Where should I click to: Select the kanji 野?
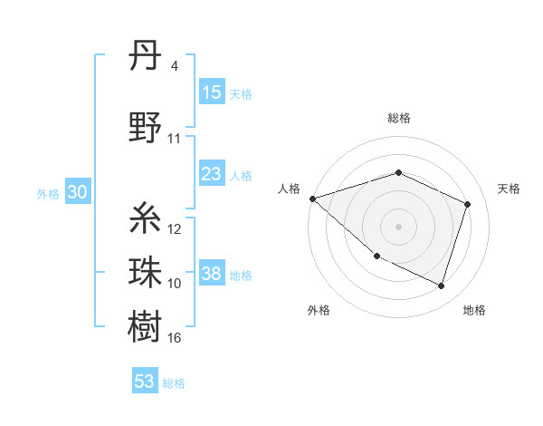(x=146, y=129)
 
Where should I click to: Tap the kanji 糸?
(x=146, y=218)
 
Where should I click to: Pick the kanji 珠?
(x=146, y=272)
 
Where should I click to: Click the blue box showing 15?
(x=211, y=92)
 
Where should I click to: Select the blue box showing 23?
(x=211, y=174)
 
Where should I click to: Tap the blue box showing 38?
(x=211, y=274)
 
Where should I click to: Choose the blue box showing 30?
(x=77, y=192)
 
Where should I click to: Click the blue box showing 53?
(x=145, y=382)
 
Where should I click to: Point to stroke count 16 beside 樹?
(x=175, y=338)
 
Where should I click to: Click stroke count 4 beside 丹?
(x=174, y=66)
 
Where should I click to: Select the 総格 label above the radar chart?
(x=398, y=119)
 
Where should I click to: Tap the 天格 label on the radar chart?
(x=510, y=189)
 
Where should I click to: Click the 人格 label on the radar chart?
(x=290, y=189)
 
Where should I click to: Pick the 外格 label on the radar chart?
(x=318, y=310)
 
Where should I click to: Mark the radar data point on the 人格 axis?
(x=312, y=198)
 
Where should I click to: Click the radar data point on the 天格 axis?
(x=468, y=204)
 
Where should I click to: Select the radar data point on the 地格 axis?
(x=442, y=286)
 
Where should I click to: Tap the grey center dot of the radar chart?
(x=398, y=226)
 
